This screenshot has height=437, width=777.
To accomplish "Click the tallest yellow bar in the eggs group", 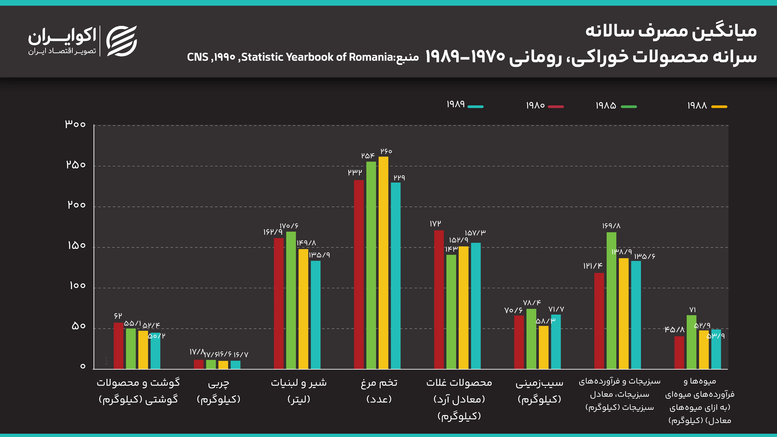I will point(383,262).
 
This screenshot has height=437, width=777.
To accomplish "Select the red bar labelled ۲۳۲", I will point(359,274).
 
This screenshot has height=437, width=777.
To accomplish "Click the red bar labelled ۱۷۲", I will point(439,299).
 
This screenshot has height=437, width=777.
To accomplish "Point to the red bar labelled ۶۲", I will point(118,346).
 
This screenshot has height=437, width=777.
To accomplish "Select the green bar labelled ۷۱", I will point(691,342).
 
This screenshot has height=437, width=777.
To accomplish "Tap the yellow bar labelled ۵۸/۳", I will point(544,347).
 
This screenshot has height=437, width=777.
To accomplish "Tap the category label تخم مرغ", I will point(379,383).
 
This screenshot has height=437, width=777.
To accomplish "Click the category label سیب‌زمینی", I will point(539,383).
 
